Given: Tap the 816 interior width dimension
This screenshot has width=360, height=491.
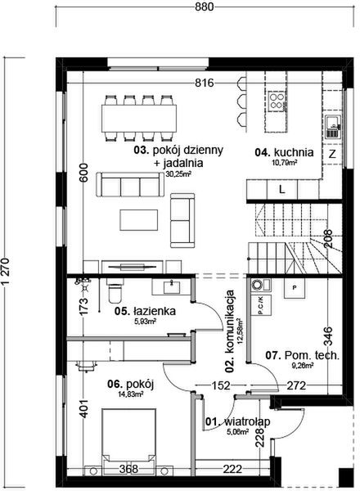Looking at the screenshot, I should (205, 84).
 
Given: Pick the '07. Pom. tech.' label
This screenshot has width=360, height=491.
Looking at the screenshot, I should (302, 355).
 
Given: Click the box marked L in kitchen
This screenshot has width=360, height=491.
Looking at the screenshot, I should (281, 188).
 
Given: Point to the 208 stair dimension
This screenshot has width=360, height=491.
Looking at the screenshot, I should (327, 241).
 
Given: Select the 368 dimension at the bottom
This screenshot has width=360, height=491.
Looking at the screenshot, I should (128, 469).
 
